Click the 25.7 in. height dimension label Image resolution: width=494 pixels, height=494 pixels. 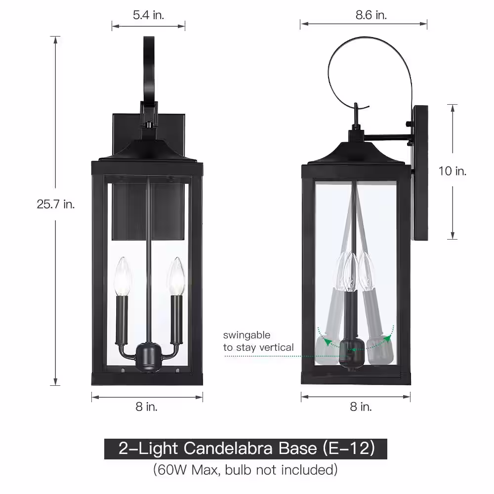(56, 204)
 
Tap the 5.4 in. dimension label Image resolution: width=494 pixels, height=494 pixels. (148, 15)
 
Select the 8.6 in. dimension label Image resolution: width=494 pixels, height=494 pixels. (371, 15)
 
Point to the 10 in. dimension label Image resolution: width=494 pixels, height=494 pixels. (453, 171)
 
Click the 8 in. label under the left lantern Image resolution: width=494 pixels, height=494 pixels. (147, 407)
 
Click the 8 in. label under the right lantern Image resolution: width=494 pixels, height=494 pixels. (361, 407)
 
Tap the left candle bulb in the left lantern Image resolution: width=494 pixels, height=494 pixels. (122, 276)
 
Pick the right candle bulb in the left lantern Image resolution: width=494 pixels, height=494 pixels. (176, 276)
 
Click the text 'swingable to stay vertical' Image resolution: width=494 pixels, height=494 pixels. (258, 341)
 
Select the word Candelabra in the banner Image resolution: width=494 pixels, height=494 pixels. (228, 449)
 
